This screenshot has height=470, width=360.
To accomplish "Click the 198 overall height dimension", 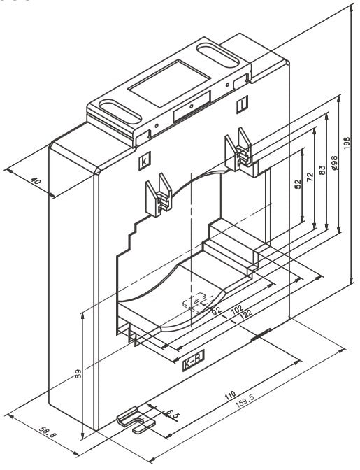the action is [347, 143].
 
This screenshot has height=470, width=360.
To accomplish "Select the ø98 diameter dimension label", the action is [335, 164].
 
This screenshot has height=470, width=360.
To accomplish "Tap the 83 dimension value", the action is [322, 170].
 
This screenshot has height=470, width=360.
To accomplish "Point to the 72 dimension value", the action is [310, 177].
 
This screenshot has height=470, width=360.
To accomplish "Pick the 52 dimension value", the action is [298, 184].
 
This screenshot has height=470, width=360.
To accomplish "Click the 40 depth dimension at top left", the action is [36, 181].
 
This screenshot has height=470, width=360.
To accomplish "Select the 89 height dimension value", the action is [78, 373].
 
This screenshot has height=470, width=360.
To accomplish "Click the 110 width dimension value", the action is [230, 396].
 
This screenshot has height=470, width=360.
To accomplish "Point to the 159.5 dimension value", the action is [245, 401].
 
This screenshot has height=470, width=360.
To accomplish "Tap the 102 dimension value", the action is [237, 310].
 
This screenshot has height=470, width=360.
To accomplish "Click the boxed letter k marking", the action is [145, 162].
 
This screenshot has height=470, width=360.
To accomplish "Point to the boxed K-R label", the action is [194, 361].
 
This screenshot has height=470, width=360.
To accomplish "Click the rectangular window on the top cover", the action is [169, 83].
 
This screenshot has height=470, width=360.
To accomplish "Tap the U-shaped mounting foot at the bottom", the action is [136, 419].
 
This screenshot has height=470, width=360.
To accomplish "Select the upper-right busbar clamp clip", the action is [238, 149].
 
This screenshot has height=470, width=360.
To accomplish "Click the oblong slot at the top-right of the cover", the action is [218, 55].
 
